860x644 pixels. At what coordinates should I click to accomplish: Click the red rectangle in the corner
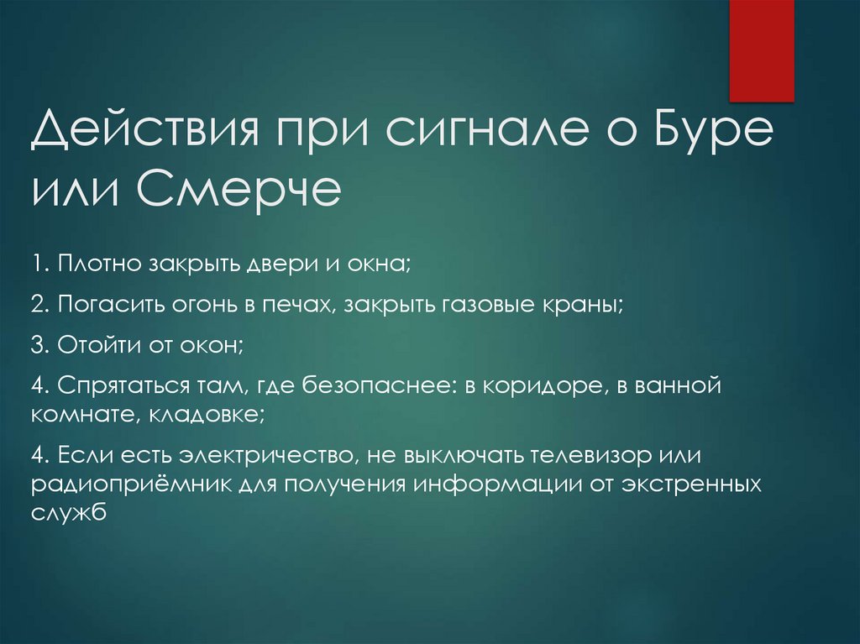coord(761,50)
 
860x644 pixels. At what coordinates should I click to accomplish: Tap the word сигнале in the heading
coord(450,134)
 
